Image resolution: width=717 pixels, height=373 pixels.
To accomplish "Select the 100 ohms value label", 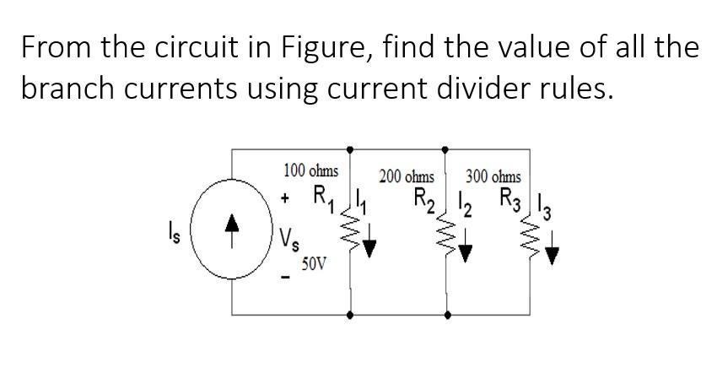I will [310, 170].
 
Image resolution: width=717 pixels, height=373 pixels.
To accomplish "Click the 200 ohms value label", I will [407, 177].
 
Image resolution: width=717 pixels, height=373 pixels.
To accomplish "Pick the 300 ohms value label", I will [493, 177].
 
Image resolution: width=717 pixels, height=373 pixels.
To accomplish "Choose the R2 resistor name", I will [426, 202].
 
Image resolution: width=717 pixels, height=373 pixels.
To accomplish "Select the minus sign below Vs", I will [286, 278].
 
